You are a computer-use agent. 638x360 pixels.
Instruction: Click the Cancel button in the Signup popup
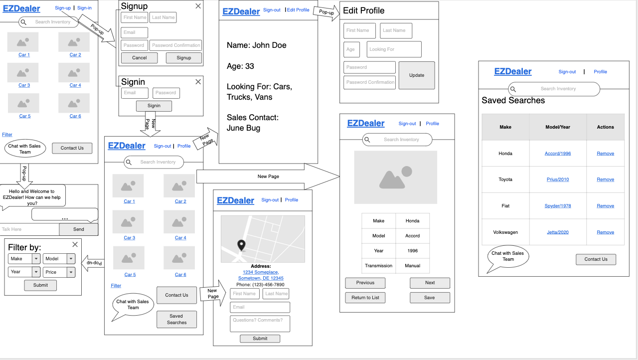coord(140,58)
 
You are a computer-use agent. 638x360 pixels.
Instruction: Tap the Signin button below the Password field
coord(154,106)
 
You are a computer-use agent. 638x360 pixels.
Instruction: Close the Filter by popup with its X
coord(75,244)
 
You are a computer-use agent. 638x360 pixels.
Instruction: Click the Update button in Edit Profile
coord(417,75)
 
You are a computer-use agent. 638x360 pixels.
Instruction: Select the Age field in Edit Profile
coord(351,49)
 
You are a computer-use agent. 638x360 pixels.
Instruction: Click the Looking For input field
coord(394,49)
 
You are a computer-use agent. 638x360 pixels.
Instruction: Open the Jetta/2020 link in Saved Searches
coord(558,232)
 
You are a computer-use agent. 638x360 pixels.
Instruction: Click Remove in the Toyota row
coord(605,180)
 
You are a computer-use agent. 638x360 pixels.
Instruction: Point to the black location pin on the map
coord(241,244)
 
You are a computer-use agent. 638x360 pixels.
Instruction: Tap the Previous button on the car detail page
coord(365,283)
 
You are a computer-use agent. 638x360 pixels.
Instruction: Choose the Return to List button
coord(365,298)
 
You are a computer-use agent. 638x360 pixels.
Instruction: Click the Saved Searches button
coord(176,319)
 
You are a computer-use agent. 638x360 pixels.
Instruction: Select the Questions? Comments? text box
coord(260,323)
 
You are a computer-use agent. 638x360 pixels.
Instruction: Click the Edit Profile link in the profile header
coord(298,10)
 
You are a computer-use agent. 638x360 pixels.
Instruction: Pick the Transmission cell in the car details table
coord(379,266)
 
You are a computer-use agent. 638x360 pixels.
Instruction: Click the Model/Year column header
coord(558,127)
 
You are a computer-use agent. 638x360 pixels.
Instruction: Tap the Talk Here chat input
coord(29,229)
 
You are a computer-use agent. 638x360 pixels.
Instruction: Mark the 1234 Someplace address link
coord(260,272)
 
